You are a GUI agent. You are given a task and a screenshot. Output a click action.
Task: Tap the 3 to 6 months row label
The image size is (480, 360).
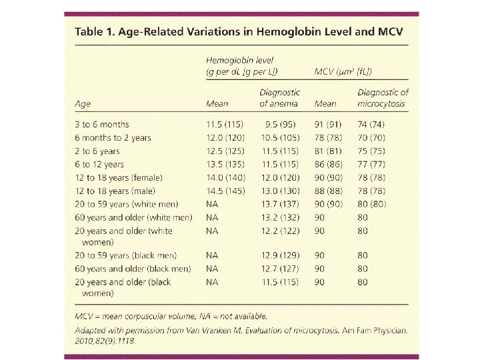click(x=101, y=124)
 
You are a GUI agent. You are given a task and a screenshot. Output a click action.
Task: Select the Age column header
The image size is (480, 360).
click(x=82, y=103)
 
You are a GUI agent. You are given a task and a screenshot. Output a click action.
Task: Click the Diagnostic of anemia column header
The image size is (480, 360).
click(x=279, y=98)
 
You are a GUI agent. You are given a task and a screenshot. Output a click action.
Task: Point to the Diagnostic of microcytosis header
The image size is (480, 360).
click(x=383, y=98)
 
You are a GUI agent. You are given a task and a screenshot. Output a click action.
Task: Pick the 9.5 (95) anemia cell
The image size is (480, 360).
click(x=281, y=124)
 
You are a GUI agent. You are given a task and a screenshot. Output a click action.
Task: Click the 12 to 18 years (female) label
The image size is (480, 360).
click(x=119, y=177)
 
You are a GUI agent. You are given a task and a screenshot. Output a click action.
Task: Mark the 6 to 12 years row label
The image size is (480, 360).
click(x=99, y=164)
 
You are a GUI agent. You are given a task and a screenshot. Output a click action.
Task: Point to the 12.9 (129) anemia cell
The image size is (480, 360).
click(x=281, y=255)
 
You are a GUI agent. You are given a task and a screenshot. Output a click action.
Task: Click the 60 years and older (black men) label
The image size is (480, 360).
click(x=133, y=269)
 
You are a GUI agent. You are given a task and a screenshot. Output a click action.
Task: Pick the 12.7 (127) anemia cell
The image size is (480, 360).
click(x=281, y=269)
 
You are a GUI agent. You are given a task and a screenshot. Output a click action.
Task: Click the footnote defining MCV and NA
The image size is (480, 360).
click(x=170, y=316)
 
